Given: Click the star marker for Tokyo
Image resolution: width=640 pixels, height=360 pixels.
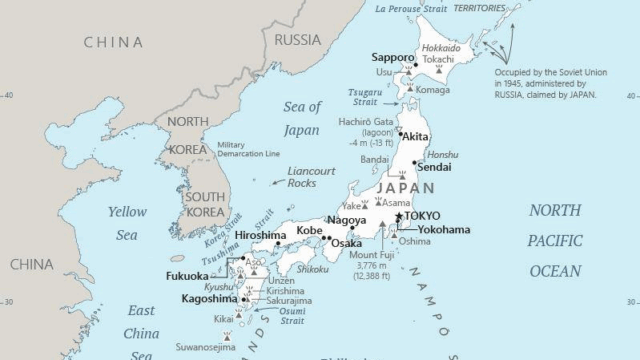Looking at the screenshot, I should [399, 217].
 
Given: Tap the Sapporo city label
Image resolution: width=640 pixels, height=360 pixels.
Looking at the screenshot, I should [392, 58].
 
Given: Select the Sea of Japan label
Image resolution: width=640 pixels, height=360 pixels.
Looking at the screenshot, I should [301, 118].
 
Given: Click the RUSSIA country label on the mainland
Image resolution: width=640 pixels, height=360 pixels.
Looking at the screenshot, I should [298, 40].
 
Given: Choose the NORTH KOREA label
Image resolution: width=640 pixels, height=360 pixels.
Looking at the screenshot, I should [187, 135].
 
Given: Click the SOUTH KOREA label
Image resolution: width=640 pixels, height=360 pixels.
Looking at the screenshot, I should [204, 205].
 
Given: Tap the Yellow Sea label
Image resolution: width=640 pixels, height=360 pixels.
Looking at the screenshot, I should [127, 223].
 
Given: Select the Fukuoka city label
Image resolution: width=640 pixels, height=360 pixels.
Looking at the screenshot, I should [188, 275].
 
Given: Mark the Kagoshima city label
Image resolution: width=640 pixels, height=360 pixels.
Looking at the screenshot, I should [209, 298].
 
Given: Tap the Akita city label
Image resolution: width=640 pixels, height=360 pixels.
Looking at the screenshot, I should [415, 136].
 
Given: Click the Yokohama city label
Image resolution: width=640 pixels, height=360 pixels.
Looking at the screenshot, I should [443, 229].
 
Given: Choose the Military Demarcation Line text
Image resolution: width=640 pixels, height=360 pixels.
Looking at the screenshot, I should [247, 149].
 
